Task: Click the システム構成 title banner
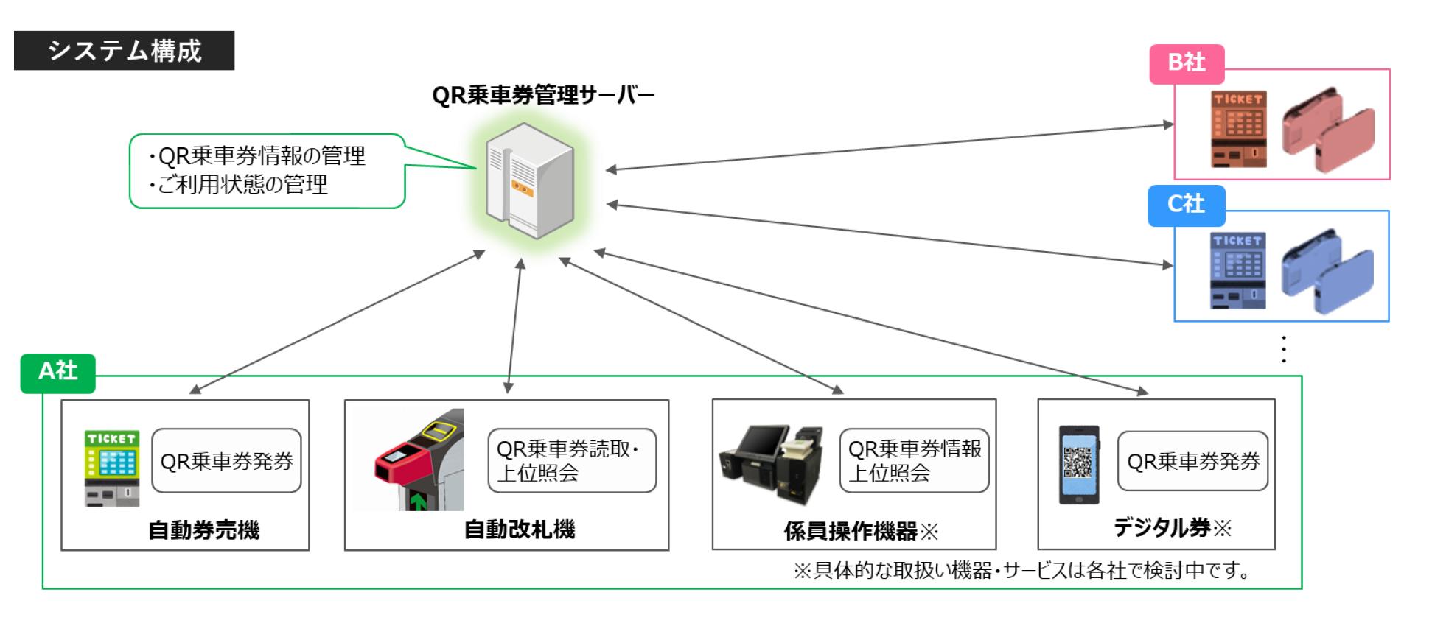pyautogui.click(x=124, y=50)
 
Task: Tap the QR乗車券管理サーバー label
pyautogui.click(x=543, y=96)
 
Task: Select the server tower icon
pyautogui.click(x=529, y=181)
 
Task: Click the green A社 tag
pyautogui.click(x=57, y=371)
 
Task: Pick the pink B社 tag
pyautogui.click(x=1187, y=63)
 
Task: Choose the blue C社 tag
pyautogui.click(x=1186, y=205)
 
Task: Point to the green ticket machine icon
pyautogui.click(x=112, y=468)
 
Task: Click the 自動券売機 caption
pyautogui.click(x=204, y=530)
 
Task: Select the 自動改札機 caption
pyautogui.click(x=520, y=530)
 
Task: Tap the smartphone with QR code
pyautogui.click(x=1079, y=464)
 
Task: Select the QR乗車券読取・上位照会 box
pyautogui.click(x=572, y=461)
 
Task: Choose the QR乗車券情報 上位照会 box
pyautogui.click(x=914, y=461)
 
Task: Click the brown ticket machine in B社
pyautogui.click(x=1239, y=130)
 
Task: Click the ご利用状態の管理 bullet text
pyautogui.click(x=243, y=184)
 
